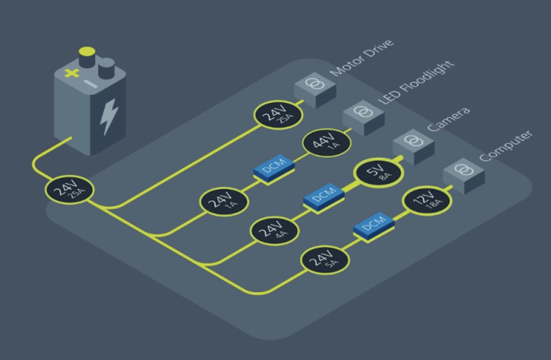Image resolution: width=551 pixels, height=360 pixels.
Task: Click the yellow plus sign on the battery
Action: [71, 73]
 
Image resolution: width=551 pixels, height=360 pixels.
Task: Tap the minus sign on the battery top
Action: [91, 84]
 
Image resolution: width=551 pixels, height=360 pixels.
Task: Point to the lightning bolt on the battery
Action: [108, 117]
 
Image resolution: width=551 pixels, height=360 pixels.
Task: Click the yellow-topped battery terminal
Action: [87, 57]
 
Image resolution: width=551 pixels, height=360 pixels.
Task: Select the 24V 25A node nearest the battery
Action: [70, 190]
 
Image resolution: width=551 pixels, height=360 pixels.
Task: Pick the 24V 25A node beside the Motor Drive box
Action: [278, 115]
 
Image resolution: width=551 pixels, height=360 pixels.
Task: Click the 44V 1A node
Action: [327, 142]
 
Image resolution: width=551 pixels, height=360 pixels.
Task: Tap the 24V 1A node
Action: [224, 202]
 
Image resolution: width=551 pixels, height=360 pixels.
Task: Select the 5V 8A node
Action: [379, 172]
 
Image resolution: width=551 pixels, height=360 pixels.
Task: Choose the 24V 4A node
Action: [274, 231]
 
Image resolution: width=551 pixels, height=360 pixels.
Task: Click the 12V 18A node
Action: [427, 201]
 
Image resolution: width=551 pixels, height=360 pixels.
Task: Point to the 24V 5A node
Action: [325, 260]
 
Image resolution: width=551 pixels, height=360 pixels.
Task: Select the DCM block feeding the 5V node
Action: [324, 198]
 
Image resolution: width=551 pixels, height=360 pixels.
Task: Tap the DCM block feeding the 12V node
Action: [373, 227]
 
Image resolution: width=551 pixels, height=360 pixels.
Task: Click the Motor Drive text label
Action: [362, 57]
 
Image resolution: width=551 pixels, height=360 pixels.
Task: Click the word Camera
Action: [449, 119]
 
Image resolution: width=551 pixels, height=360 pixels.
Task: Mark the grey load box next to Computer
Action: [464, 176]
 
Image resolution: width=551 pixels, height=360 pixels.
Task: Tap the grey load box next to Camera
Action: [414, 147]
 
